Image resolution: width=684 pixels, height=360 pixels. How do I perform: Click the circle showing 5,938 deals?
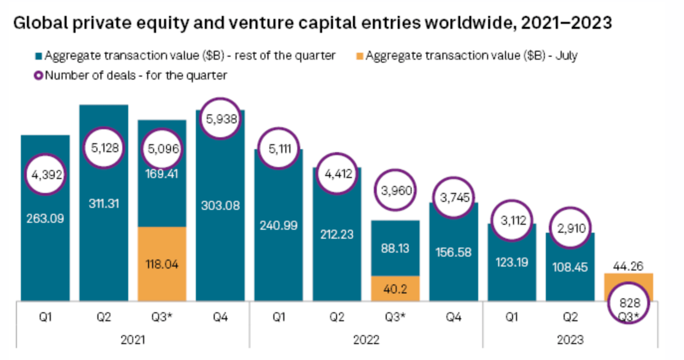[x=220, y=119]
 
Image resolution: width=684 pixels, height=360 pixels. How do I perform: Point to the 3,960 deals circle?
[x=395, y=190]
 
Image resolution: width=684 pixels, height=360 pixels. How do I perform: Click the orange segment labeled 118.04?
[x=162, y=264]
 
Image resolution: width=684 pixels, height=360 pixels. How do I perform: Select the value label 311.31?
[x=104, y=204]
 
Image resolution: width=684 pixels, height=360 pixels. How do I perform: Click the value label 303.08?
[x=220, y=205]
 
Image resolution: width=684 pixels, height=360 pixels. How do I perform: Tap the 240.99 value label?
[x=278, y=225]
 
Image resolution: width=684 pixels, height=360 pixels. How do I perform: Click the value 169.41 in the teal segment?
[x=162, y=175]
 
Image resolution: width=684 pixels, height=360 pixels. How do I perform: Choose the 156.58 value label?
[x=454, y=252]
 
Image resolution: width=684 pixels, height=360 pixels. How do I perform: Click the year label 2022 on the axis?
[x=366, y=340]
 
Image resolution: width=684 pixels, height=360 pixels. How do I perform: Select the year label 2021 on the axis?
[x=133, y=340]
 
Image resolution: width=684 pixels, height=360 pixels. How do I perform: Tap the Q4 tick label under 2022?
[x=454, y=317]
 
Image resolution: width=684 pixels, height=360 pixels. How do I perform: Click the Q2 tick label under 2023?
[x=570, y=317]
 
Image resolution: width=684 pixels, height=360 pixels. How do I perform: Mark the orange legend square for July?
[x=360, y=56]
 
